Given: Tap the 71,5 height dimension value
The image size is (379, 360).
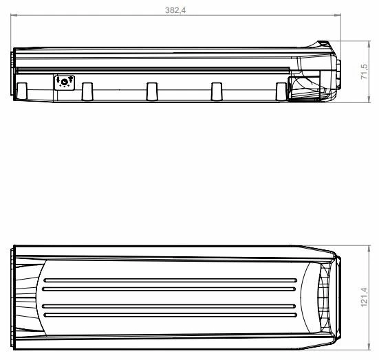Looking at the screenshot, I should tap(365, 72).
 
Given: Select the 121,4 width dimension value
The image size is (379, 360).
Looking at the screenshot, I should tap(365, 298).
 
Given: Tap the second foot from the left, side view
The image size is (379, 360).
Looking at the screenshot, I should tap(87, 92).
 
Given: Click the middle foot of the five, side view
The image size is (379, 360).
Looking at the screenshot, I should tap(152, 92).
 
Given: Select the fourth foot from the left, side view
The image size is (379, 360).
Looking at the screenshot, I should tap(217, 92).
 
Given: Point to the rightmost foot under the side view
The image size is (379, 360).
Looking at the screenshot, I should tap(281, 92).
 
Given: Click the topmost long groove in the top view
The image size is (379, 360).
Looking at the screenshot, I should tap(171, 280).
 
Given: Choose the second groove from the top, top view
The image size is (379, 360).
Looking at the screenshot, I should tap(171, 291).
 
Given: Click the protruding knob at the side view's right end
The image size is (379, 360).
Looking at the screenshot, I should tap(338, 72).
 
